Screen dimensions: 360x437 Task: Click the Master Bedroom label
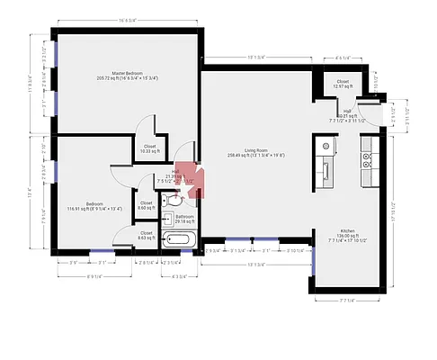[127, 75]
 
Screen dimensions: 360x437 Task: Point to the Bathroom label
[185, 218]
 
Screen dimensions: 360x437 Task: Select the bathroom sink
[168, 218]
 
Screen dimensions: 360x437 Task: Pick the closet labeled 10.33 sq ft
[149, 148]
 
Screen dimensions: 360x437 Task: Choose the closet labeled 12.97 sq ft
[343, 84]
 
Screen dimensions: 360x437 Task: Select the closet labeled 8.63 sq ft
[145, 236]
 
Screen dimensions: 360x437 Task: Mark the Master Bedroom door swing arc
[146, 125]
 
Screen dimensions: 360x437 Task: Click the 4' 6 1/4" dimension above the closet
[343, 58]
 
